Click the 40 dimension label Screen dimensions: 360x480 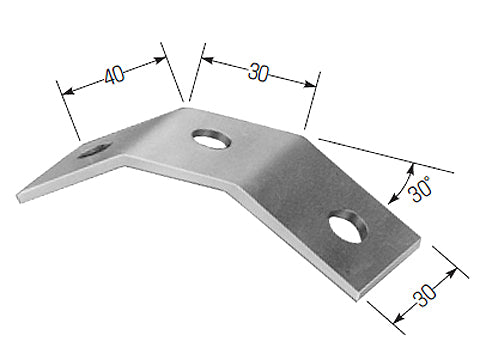[112, 75]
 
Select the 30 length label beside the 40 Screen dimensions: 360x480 [259, 73]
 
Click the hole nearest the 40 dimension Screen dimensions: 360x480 [95, 150]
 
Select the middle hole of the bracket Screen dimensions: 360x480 [211, 139]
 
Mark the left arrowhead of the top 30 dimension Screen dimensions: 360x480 [204, 60]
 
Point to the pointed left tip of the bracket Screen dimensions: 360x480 [17, 193]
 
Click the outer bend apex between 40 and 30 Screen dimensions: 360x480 [184, 108]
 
